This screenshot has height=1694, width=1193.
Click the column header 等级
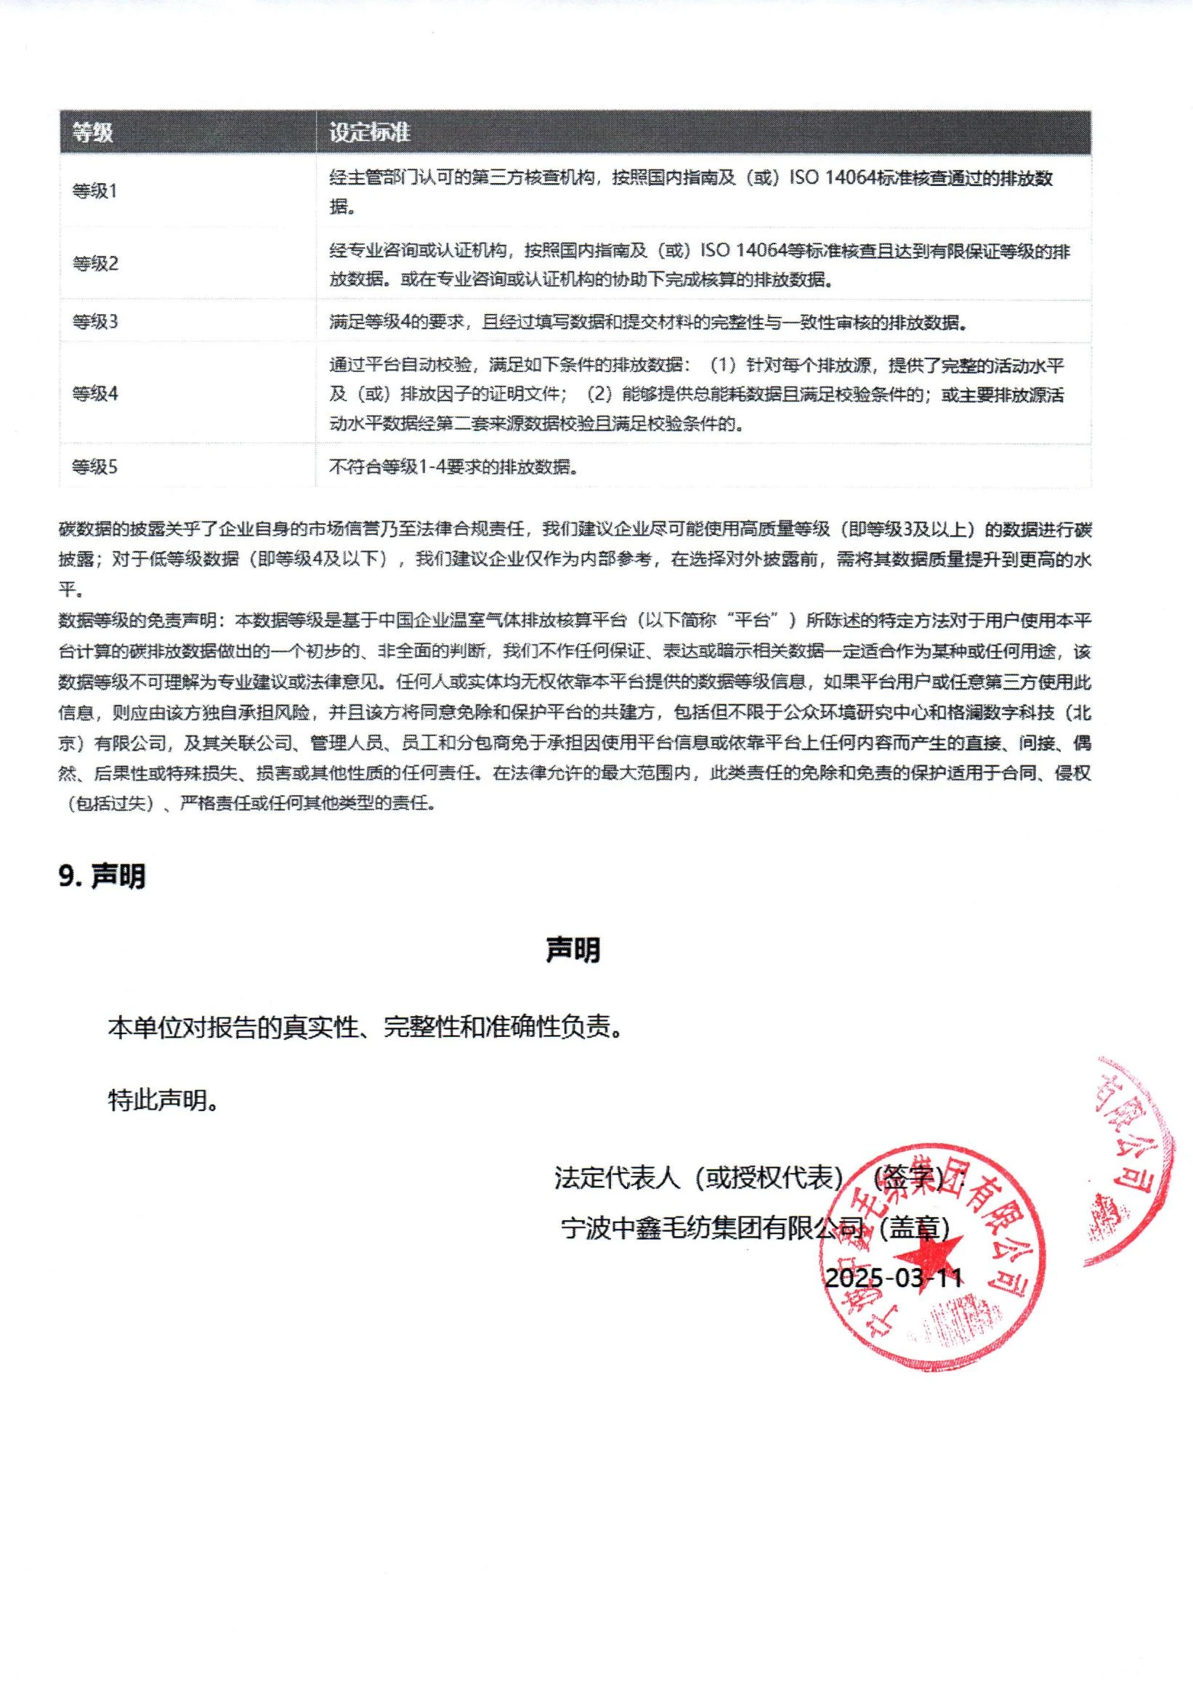(92, 133)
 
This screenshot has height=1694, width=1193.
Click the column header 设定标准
(369, 133)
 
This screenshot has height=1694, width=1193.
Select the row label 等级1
(94, 191)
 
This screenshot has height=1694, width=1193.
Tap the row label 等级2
(94, 263)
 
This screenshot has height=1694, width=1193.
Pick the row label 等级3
(94, 322)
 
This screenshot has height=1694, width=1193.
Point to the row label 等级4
(94, 393)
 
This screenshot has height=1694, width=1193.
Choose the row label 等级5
(94, 467)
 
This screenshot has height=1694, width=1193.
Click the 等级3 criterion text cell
(647, 322)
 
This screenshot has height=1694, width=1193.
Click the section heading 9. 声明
(102, 876)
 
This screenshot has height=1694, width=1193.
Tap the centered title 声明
(573, 950)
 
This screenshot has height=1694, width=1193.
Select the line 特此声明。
(163, 1101)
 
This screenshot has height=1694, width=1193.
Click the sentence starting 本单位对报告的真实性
(365, 1028)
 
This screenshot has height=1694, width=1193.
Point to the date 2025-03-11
(894, 1277)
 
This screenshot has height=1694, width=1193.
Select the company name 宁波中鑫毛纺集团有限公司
(711, 1228)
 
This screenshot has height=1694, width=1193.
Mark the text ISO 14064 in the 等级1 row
(831, 178)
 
